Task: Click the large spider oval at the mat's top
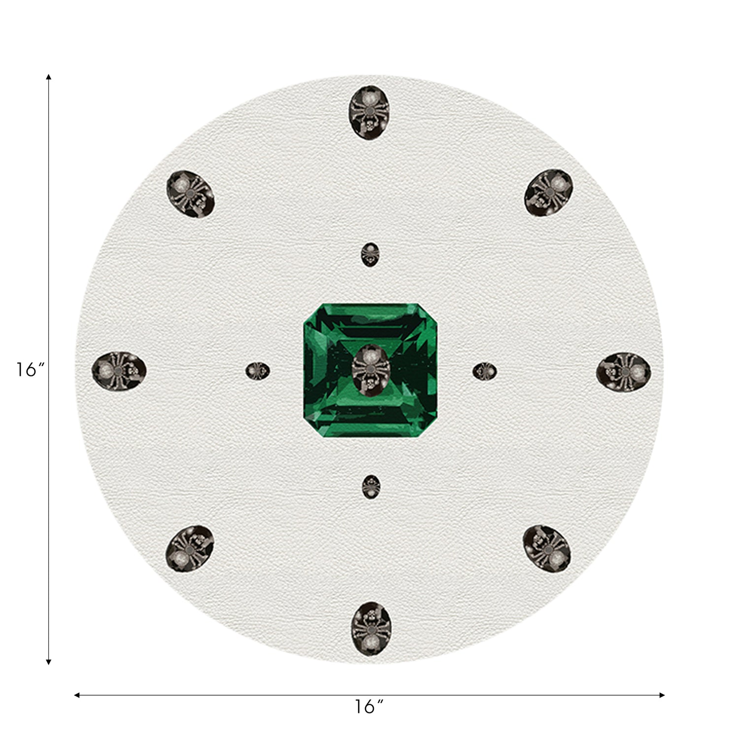pos(369,112)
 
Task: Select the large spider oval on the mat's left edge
pos(119,369)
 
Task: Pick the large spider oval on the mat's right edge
pos(624,372)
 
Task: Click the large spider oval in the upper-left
pos(190,194)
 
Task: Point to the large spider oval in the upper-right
pos(548,193)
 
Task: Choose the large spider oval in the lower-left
pos(190,548)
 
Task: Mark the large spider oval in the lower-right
pos(547,549)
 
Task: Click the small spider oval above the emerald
pos(370,255)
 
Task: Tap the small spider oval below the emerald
pos(371,487)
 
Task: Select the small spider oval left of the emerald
pos(258,371)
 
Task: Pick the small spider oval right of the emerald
pos(484,371)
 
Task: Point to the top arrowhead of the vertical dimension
pos(48,77)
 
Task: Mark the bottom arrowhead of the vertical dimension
pos(48,662)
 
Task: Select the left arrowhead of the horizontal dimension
pos(77,695)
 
